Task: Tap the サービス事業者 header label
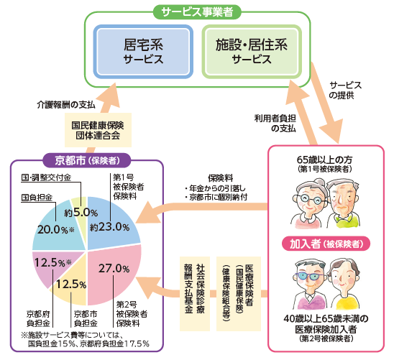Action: [197, 11]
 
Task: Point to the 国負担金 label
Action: [35, 195]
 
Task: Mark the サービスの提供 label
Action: [345, 90]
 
